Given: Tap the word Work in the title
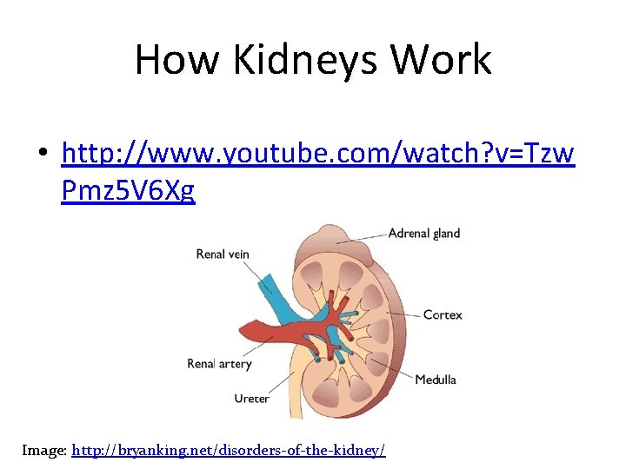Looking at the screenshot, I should (x=441, y=61).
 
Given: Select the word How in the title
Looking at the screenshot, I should (x=170, y=61).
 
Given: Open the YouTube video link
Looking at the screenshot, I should (x=318, y=153).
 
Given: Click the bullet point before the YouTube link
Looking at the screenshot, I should (x=43, y=155).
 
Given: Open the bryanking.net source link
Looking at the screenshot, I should (x=229, y=450).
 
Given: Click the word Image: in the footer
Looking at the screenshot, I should (x=44, y=450).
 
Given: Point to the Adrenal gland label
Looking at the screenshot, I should (x=423, y=233).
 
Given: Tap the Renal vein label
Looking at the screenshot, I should (x=223, y=254).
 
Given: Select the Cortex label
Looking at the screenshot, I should (x=443, y=314).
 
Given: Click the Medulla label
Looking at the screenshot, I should (x=435, y=380).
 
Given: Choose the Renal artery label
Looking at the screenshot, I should (x=219, y=363).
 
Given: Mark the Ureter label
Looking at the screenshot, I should (x=251, y=399).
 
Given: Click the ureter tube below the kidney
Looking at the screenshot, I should (x=293, y=395).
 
